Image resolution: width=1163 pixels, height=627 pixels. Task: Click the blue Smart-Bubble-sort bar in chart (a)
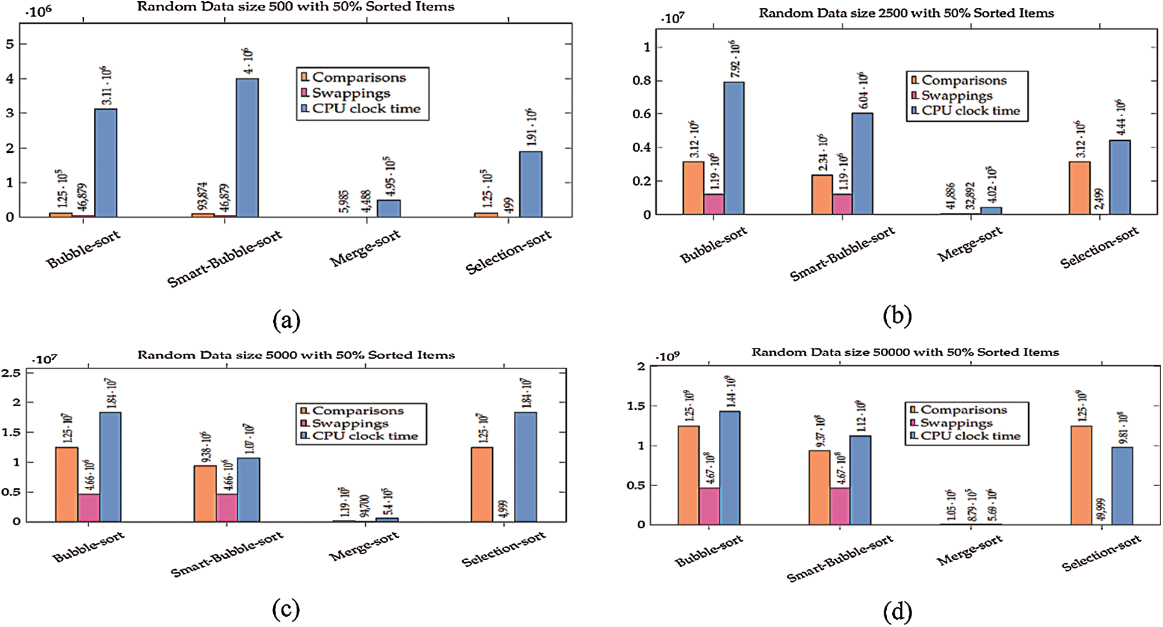pyautogui.click(x=247, y=147)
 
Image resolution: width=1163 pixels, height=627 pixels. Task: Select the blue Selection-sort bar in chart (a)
pyautogui.click(x=531, y=184)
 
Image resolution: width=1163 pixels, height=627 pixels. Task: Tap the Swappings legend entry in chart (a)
pyautogui.click(x=351, y=93)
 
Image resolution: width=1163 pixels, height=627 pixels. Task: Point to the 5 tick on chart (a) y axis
pyautogui.click(x=9, y=44)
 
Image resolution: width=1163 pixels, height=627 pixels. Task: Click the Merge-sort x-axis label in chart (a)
pyautogui.click(x=365, y=248)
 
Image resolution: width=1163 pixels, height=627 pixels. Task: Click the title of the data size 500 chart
pyautogui.click(x=295, y=7)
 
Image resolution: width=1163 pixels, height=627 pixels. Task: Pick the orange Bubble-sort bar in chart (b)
pyautogui.click(x=693, y=188)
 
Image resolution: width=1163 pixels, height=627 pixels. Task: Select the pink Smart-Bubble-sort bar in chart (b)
pyautogui.click(x=842, y=203)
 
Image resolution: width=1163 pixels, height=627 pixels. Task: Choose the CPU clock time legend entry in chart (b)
pyautogui.click(x=970, y=111)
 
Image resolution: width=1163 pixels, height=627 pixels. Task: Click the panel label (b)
pyautogui.click(x=897, y=315)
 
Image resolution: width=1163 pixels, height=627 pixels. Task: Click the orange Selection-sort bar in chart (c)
pyautogui.click(x=482, y=484)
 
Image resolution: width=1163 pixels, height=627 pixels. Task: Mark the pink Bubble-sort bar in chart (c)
pyautogui.click(x=88, y=507)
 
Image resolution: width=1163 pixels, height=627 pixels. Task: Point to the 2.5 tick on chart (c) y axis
pyautogui.click(x=11, y=373)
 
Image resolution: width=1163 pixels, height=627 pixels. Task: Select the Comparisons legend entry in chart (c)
pyautogui.click(x=357, y=411)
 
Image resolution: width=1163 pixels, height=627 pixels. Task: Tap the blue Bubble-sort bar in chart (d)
pyautogui.click(x=730, y=467)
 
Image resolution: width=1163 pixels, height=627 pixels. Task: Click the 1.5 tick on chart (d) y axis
pyautogui.click(x=637, y=406)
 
